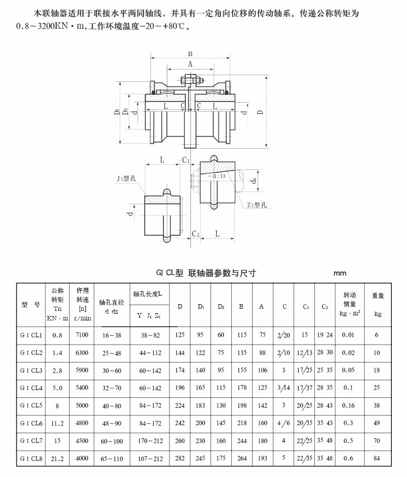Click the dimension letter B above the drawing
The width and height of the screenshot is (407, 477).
tap(190, 54)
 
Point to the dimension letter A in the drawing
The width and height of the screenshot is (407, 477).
tap(190, 65)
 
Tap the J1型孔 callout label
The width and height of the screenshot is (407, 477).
tap(126, 179)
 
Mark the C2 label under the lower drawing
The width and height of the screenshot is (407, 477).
tap(195, 233)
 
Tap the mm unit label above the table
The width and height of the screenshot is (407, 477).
tap(340, 273)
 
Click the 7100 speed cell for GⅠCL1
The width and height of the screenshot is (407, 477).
tap(83, 335)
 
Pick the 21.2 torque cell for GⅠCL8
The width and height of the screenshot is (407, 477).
tap(57, 458)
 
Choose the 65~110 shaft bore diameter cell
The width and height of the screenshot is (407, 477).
tap(111, 458)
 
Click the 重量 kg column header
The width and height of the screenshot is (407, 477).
tap(377, 304)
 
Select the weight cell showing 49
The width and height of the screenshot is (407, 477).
tap(377, 423)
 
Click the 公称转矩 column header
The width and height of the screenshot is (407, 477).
tap(57, 304)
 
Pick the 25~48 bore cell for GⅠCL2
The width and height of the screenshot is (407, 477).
tap(111, 353)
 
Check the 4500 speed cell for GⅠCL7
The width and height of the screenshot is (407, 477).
tap(83, 441)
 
